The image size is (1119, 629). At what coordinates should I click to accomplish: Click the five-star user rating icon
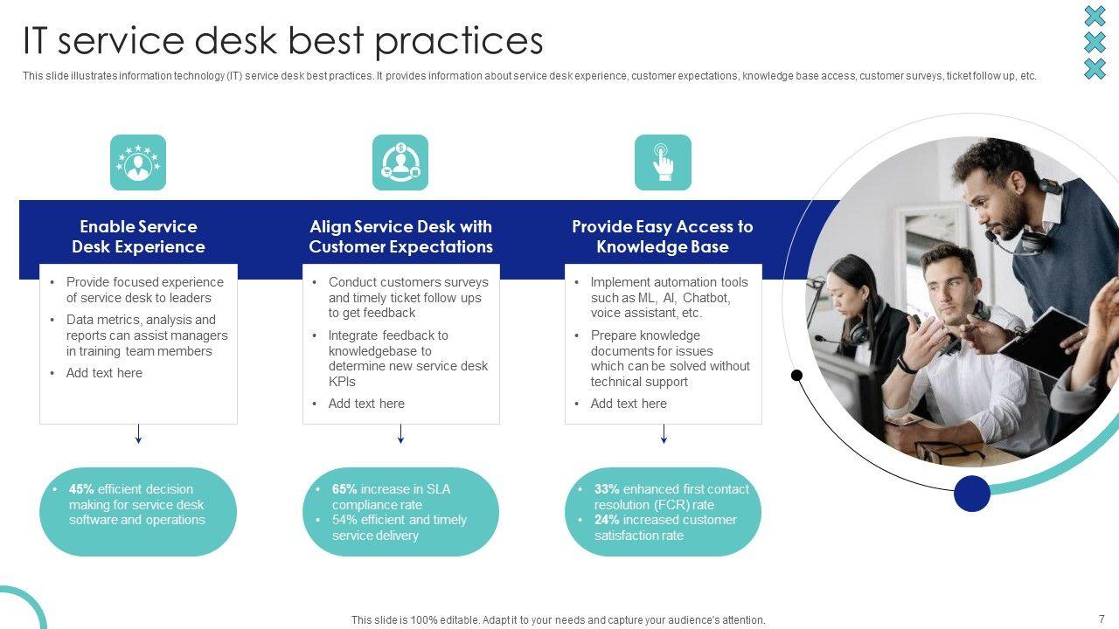click(x=138, y=162)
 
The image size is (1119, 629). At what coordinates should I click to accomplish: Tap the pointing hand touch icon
click(x=663, y=162)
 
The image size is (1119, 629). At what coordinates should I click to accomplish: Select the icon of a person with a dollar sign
click(x=400, y=162)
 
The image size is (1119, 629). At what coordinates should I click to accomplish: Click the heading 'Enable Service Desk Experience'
click(x=138, y=237)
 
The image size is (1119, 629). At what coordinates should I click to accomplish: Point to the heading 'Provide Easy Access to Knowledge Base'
click(x=663, y=237)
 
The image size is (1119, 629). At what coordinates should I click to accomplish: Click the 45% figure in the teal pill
click(x=81, y=489)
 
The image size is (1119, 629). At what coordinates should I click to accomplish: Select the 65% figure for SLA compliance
click(x=344, y=489)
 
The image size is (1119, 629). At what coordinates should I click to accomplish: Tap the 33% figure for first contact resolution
click(x=607, y=489)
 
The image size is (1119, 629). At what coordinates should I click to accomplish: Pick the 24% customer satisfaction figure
click(x=607, y=520)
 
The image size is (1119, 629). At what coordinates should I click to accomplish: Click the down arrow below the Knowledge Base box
click(x=664, y=434)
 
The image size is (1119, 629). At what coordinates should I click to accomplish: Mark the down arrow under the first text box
click(x=138, y=434)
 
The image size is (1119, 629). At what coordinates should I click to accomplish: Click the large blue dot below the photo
click(x=971, y=494)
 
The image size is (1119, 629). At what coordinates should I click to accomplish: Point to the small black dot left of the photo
click(x=796, y=375)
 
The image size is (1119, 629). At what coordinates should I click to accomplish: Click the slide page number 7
click(x=1102, y=619)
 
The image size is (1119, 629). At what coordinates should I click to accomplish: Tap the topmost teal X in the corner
click(x=1095, y=16)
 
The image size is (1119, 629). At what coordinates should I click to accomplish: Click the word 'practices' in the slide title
click(x=459, y=42)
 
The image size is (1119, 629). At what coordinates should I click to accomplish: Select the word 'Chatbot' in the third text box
click(x=706, y=298)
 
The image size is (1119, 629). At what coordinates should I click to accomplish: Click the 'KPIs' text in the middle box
click(x=342, y=382)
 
